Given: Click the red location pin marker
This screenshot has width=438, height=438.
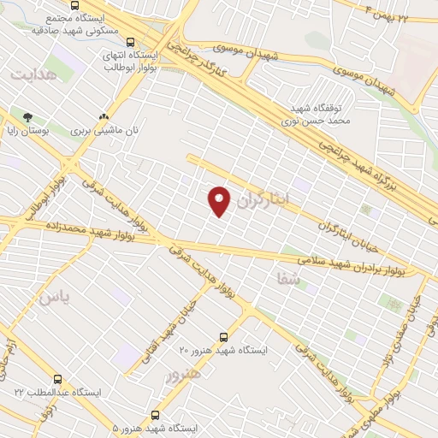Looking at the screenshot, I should click(220, 200).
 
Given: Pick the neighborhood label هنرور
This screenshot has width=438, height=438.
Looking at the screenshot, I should click(185, 374).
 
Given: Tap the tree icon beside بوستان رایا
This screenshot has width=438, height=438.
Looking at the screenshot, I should click(27, 117).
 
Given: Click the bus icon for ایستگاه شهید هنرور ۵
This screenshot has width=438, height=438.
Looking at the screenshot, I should click(155, 413).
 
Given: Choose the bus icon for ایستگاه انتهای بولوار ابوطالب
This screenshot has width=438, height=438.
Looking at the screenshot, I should click(130, 41).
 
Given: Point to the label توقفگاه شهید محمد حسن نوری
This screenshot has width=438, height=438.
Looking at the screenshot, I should click(316, 116).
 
